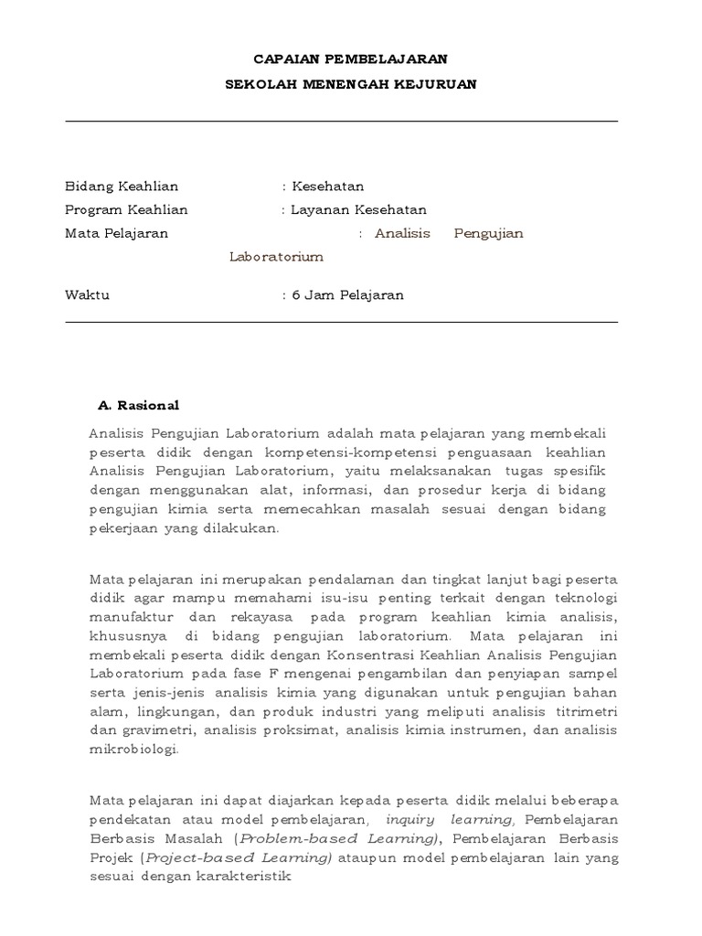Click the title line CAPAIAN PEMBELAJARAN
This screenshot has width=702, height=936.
[x=351, y=58]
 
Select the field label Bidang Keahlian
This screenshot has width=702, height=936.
[x=122, y=186]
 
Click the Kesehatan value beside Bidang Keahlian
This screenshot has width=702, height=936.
[x=327, y=186]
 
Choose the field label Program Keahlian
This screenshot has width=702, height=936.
[x=126, y=209]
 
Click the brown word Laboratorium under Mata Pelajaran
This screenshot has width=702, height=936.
[x=276, y=257]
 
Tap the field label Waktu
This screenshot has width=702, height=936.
[x=87, y=295]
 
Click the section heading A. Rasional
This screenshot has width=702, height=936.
[x=138, y=405]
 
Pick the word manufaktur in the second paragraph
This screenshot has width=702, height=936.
[x=128, y=616]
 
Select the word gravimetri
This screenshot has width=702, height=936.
[x=153, y=730]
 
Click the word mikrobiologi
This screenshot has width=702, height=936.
[x=134, y=750]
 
